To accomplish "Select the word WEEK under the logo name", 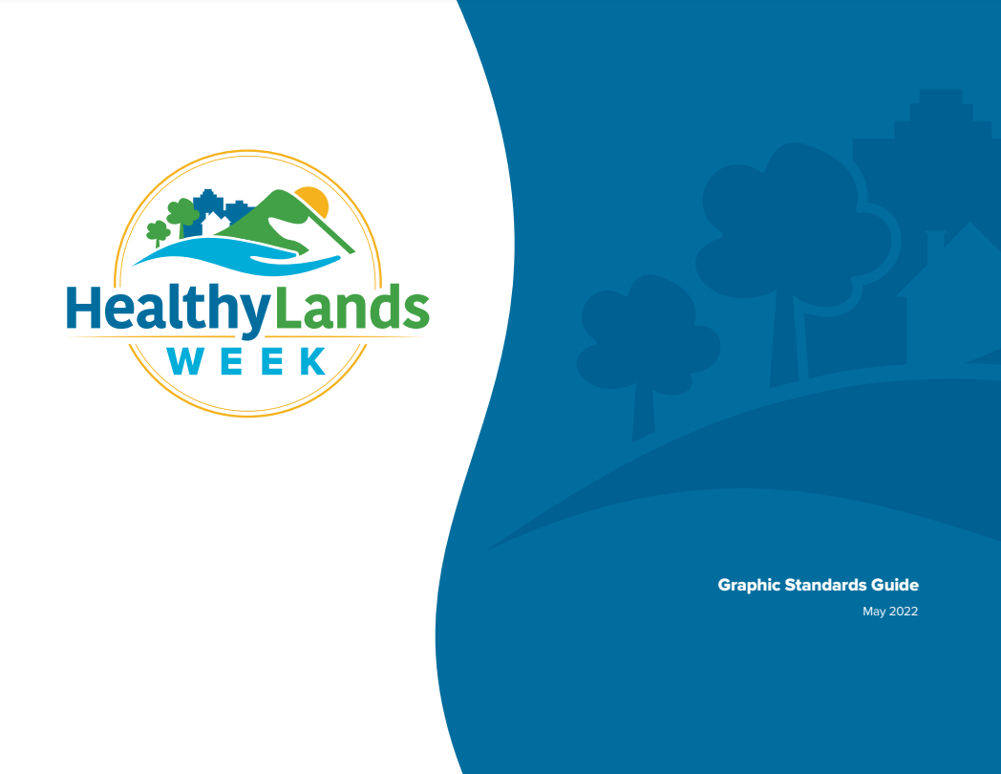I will point(246,362).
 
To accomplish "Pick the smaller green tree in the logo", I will point(158,232).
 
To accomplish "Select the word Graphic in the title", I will point(749,585).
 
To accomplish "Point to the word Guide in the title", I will point(898,585).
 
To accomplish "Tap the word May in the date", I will point(874,612).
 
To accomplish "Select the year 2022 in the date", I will point(904,612).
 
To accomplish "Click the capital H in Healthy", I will point(81,309).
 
